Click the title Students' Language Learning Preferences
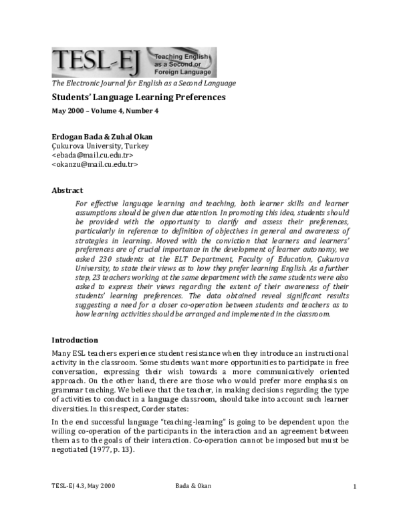(x=138, y=97)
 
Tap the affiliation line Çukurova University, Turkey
(x=100, y=146)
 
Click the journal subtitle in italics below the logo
(x=143, y=83)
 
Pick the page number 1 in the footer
(x=354, y=486)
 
